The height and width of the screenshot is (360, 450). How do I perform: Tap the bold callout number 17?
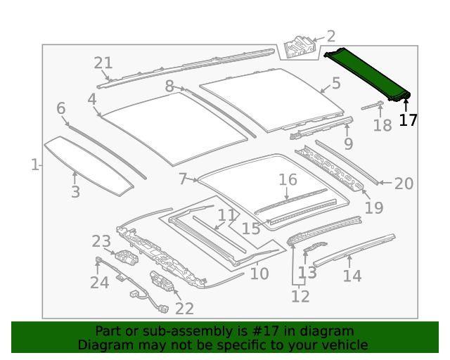[x=408, y=120]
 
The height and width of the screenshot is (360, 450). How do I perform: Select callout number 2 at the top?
[x=330, y=37]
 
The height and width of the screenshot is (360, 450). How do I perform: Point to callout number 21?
[x=103, y=63]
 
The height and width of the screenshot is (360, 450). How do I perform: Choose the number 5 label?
[x=336, y=84]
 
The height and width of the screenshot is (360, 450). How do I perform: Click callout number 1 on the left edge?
[x=34, y=165]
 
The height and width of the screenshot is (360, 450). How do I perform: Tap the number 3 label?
[x=75, y=192]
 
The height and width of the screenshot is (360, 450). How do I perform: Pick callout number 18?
[x=382, y=126]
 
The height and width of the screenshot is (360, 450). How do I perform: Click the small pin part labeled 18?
[x=372, y=106]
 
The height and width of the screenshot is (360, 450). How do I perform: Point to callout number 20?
[x=404, y=184]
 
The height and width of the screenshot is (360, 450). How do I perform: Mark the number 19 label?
[x=374, y=207]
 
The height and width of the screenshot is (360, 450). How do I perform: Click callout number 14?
[x=352, y=276]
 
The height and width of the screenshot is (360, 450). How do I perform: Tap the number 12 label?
[x=300, y=297]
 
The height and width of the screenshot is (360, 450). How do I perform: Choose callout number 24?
[x=99, y=283]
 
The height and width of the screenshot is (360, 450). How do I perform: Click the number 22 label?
[x=184, y=308]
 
